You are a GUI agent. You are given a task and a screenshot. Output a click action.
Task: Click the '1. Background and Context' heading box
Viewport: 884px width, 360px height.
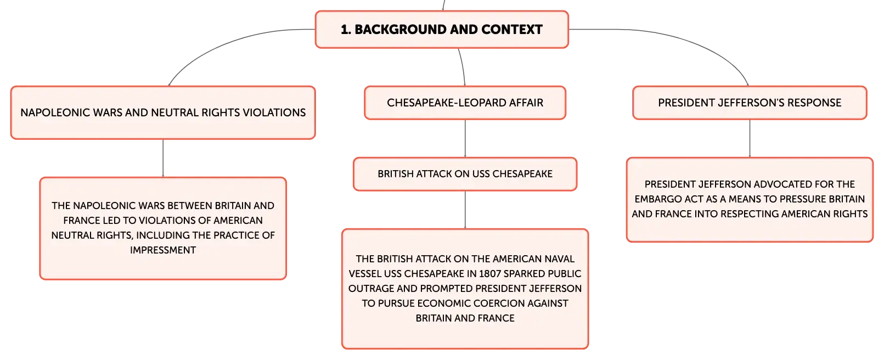442,30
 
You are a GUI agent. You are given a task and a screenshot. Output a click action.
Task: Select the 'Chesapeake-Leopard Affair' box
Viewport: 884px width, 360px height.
465,103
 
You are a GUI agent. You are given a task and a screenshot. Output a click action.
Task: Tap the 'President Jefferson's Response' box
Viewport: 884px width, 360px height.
750,103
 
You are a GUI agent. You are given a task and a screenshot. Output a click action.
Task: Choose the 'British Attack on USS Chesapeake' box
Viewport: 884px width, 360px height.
465,174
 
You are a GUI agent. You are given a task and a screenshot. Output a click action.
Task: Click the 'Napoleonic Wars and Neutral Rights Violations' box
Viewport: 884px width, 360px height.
163,113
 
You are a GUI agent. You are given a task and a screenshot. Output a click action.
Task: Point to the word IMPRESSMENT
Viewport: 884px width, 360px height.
163,250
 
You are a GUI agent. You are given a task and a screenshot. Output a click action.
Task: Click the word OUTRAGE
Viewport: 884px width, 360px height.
371,289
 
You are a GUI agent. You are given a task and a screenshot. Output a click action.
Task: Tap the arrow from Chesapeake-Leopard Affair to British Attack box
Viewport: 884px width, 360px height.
465,138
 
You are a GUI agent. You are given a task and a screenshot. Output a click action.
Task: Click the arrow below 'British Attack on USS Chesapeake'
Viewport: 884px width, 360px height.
465,210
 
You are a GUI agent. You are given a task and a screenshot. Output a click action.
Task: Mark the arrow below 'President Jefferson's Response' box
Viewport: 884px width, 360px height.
750,138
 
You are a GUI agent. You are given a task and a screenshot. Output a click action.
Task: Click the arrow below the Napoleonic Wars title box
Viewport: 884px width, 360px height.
163,158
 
